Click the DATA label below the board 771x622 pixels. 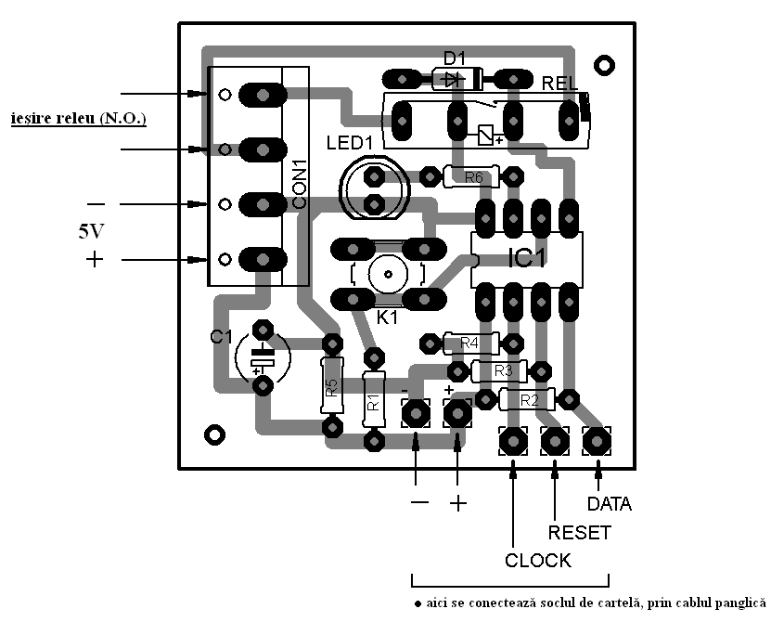[610, 504]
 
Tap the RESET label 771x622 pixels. [580, 533]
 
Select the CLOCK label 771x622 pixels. [538, 561]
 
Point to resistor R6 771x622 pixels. [473, 176]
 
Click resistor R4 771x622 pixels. [470, 343]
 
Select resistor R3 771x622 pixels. [501, 371]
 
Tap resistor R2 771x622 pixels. [529, 400]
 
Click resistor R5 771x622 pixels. [331, 384]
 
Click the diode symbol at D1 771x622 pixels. [454, 79]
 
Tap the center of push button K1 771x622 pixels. [387, 274]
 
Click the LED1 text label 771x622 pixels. [349, 143]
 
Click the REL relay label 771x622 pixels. [561, 83]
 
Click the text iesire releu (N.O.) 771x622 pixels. [78, 120]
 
